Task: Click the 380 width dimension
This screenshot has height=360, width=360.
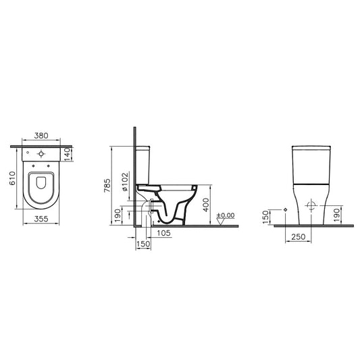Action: pos(41,136)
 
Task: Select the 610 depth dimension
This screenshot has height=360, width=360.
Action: pos(12,178)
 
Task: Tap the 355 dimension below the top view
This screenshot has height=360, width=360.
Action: pos(41,219)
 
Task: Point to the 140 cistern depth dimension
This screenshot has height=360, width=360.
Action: pos(67,154)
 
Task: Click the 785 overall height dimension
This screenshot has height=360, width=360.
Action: pos(107,186)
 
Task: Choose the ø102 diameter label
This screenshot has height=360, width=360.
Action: pos(125,182)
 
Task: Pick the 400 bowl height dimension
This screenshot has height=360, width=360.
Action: pos(206,205)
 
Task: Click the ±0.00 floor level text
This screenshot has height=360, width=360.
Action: pos(226,215)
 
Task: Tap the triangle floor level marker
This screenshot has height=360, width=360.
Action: pos(221,222)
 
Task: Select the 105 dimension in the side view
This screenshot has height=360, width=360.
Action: pos(164,233)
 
